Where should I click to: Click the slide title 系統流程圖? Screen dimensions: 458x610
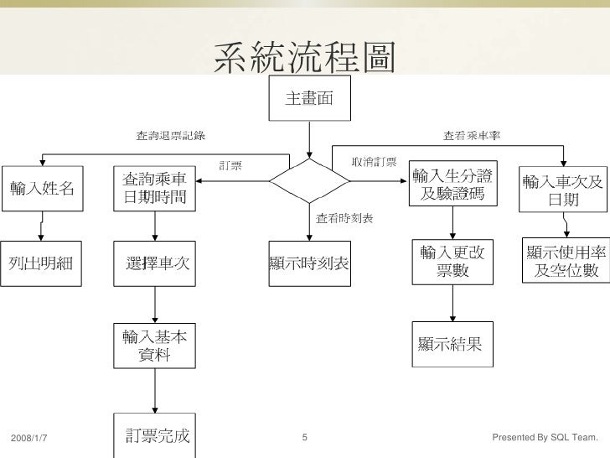(305, 58)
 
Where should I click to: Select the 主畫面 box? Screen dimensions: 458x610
(309, 99)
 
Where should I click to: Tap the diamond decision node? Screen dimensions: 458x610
(309, 180)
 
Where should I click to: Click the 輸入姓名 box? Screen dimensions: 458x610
(42, 189)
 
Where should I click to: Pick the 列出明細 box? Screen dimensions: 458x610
(41, 263)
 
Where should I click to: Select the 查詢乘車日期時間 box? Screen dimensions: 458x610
(154, 189)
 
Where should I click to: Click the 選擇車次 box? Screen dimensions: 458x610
(154, 263)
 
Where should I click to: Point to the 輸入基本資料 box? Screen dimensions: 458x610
(154, 346)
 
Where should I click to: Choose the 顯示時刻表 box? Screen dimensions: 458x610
(309, 263)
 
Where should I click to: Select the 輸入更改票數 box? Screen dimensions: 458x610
(452, 262)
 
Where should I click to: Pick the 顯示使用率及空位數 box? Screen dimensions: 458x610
(563, 261)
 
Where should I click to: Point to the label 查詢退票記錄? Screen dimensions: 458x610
(171, 135)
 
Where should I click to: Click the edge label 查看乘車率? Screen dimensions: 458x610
(473, 135)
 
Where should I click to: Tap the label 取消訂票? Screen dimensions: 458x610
(375, 162)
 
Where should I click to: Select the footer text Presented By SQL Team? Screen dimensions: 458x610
(545, 438)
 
